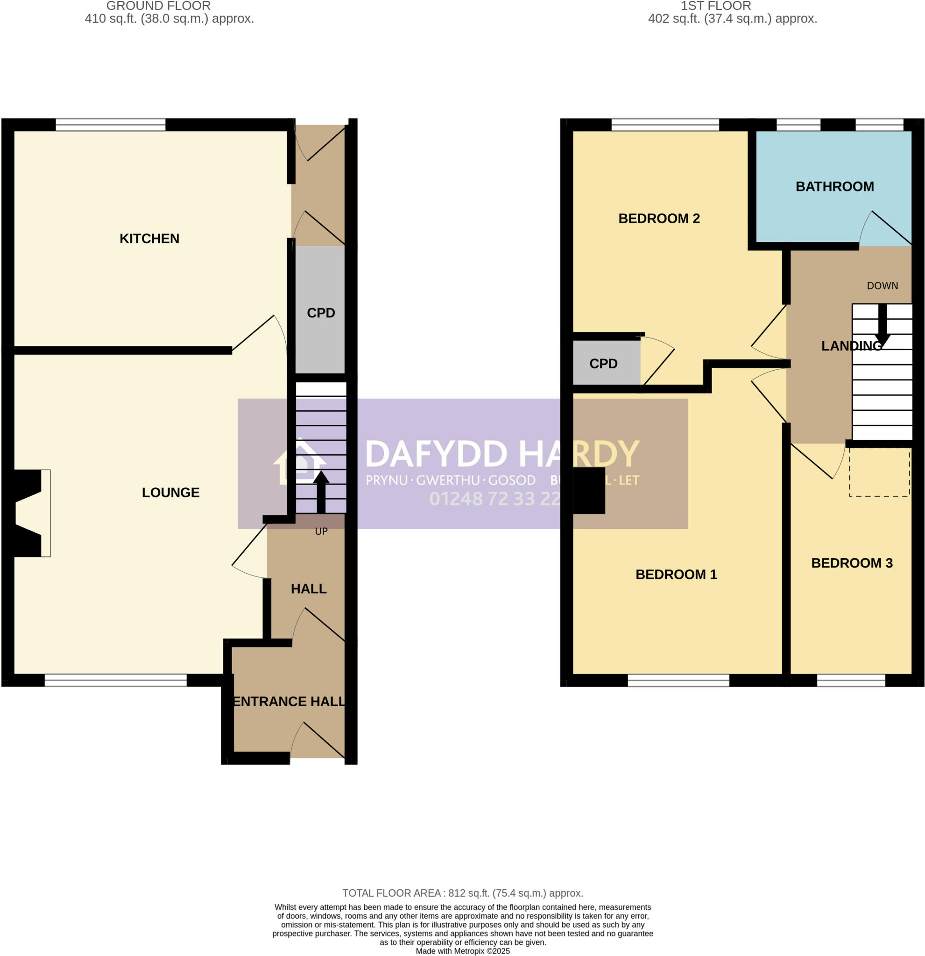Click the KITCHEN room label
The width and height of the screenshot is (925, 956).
click(x=149, y=239)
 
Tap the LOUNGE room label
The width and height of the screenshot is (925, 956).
click(x=170, y=492)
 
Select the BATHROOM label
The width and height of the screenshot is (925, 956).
click(x=834, y=186)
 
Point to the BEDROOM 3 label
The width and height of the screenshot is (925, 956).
click(x=851, y=563)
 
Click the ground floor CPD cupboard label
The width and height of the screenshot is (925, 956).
click(x=320, y=313)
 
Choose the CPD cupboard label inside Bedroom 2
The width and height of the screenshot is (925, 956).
click(x=603, y=363)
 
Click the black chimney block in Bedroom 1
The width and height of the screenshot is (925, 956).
click(x=589, y=491)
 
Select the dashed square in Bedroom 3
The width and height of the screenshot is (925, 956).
click(x=879, y=471)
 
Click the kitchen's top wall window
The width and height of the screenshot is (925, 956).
click(x=110, y=125)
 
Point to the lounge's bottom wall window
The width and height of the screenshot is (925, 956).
click(x=115, y=681)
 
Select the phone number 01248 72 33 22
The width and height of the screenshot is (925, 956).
click(x=494, y=499)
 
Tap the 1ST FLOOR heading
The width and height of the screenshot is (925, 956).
click(x=715, y=6)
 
